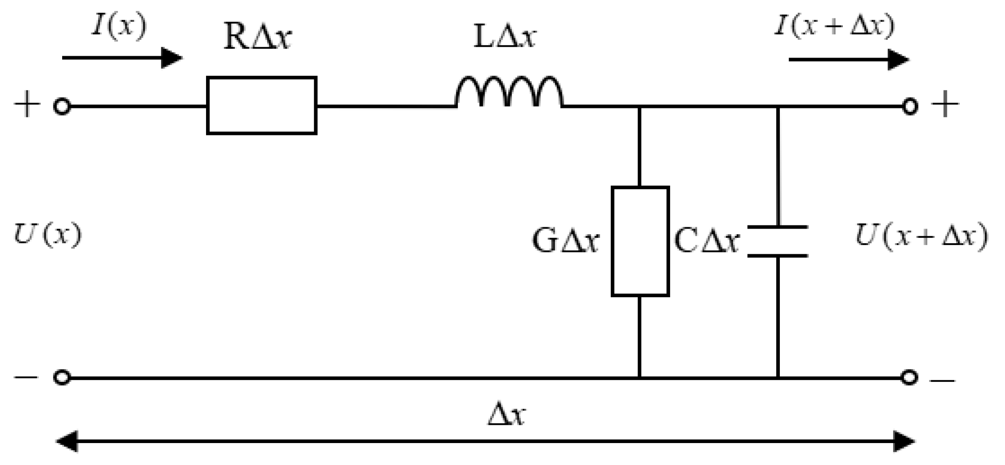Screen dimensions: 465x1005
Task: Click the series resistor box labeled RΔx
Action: (x=261, y=106)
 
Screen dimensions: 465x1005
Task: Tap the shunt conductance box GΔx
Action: (x=640, y=241)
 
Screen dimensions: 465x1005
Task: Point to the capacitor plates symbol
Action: (x=778, y=241)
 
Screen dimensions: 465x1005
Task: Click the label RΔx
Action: (x=257, y=37)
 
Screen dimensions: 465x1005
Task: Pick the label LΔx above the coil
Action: (x=504, y=37)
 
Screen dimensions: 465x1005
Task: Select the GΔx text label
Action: (x=566, y=241)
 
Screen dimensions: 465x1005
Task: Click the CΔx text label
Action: (x=706, y=241)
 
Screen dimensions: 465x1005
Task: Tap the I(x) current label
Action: (x=120, y=26)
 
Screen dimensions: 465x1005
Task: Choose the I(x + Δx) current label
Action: (x=834, y=26)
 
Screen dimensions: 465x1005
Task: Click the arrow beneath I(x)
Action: (x=122, y=58)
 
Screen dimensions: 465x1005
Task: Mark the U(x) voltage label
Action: (x=48, y=235)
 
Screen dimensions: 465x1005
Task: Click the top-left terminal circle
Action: (x=62, y=107)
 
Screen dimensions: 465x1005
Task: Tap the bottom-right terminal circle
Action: (x=909, y=378)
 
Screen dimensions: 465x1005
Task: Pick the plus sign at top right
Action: (x=945, y=104)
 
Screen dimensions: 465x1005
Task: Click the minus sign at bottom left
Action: (x=26, y=378)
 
